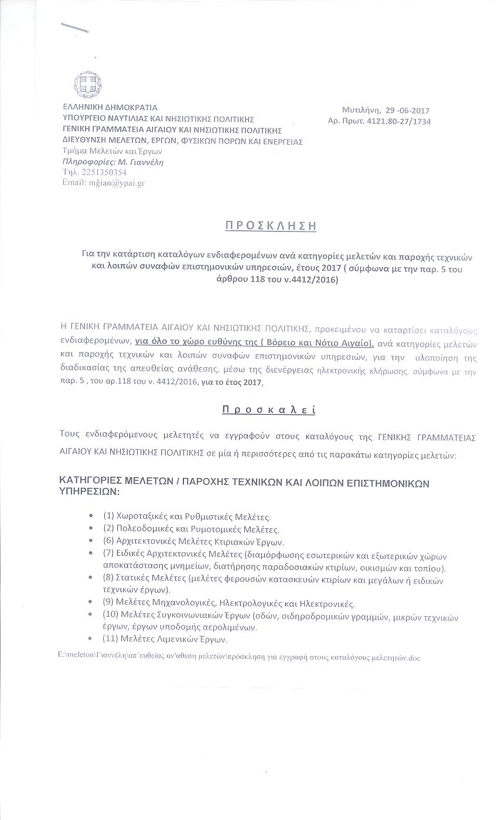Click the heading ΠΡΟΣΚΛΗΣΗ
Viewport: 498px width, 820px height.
271,225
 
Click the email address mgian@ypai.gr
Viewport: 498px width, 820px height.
117,183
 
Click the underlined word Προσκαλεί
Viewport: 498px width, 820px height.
269,409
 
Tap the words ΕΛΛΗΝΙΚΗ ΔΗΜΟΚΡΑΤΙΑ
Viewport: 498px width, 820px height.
110,108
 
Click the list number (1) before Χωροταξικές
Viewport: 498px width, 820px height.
108,516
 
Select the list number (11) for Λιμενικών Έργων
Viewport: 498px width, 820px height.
111,639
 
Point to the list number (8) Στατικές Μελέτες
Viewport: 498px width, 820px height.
108,578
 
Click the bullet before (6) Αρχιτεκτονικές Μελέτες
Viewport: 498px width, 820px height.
91,541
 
